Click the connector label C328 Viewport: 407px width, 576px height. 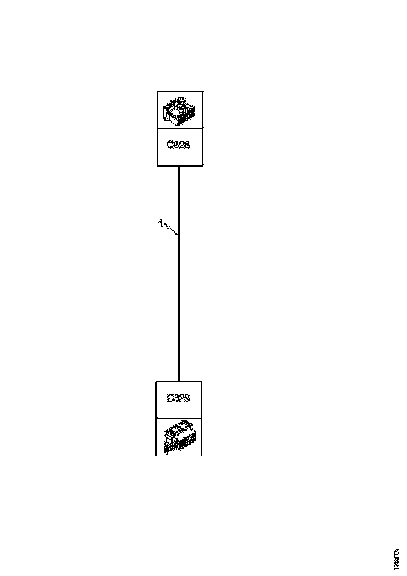(178, 145)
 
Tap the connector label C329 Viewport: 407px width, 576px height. (178, 398)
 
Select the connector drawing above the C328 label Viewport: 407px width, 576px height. (179, 110)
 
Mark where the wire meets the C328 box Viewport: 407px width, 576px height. (179, 166)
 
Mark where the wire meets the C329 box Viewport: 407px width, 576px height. (179, 381)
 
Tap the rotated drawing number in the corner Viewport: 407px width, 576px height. (395, 556)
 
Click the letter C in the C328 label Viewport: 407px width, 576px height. (170, 145)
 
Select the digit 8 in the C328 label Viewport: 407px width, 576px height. (187, 145)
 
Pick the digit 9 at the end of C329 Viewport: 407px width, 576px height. (187, 398)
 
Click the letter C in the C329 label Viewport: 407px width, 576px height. (170, 398)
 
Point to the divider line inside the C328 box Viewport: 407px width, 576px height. (180, 128)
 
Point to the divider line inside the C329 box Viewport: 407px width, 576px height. (179, 418)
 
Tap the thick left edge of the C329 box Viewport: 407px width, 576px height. (156, 419)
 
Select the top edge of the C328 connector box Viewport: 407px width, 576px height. (180, 91)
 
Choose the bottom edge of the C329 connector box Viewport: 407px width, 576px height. (179, 456)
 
